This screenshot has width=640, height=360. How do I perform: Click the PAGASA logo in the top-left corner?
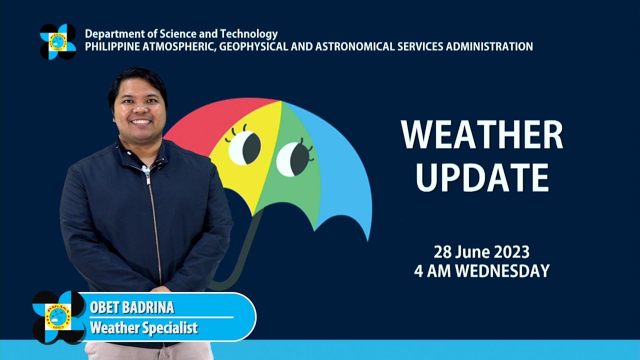coord(58,41)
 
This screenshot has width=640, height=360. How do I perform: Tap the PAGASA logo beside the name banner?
coord(58,317)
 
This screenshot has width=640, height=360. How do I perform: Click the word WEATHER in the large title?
coord(481,135)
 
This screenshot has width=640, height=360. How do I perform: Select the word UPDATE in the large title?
coord(482,177)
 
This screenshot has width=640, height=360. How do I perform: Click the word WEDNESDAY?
coord(502,271)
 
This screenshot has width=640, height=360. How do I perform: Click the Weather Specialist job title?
coord(143,328)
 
